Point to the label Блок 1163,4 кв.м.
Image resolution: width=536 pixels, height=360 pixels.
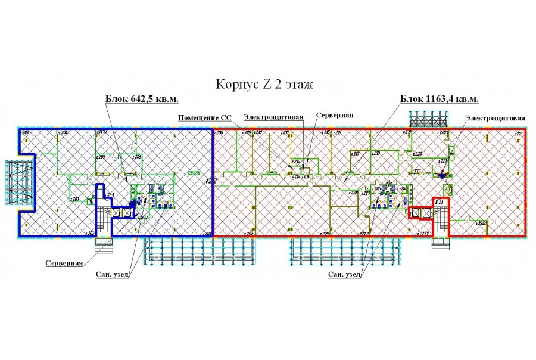[x=439, y=99]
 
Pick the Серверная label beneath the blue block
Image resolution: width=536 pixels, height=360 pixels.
[x=64, y=262]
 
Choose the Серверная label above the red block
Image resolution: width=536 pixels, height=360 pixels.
[x=335, y=114]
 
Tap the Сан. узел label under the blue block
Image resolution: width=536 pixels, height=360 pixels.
[x=113, y=275]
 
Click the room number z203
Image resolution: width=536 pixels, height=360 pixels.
[x=26, y=132]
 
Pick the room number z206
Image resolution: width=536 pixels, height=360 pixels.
[x=136, y=157]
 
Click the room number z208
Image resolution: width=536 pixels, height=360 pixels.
[x=218, y=132]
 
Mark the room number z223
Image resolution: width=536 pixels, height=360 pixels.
[x=518, y=134]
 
